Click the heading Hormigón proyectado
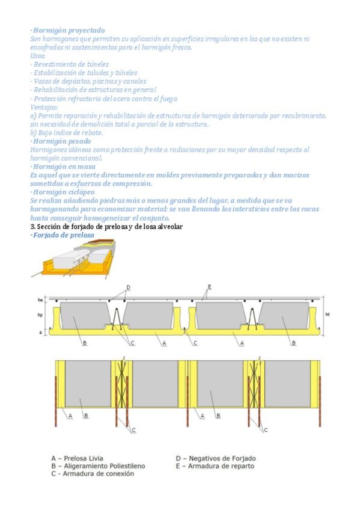point(69,30)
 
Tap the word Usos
point(37,56)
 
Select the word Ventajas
point(44,107)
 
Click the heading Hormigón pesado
point(62,141)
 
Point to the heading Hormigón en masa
point(64,167)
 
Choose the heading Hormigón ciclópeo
point(64,192)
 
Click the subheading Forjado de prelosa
point(64,235)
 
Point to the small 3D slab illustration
point(74,259)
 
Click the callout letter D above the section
point(129,287)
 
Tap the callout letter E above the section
point(210,287)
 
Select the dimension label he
point(40,300)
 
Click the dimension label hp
point(40,315)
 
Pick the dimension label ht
point(327,315)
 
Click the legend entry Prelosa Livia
point(78,458)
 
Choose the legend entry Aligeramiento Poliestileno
point(98,465)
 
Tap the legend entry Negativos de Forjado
point(216,458)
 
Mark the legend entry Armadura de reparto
point(215,465)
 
